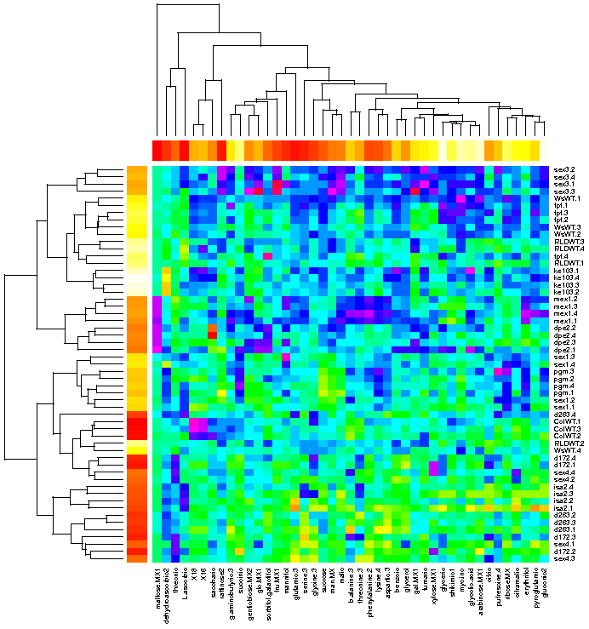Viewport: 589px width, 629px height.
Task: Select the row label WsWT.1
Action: coord(564,198)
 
